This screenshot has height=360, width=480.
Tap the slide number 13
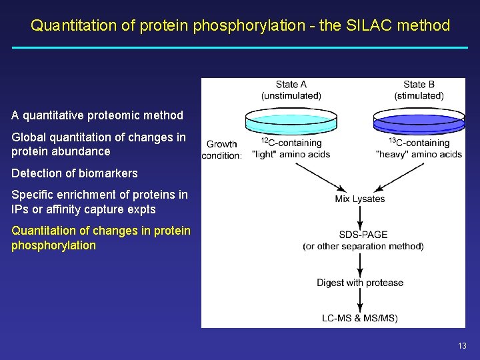462,345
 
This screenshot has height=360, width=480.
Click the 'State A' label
291,85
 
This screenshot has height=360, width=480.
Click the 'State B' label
419,85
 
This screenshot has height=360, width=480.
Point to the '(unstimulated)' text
291,95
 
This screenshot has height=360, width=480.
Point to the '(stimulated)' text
419,95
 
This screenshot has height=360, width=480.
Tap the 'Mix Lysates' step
360,199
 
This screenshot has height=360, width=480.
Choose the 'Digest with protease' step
360,283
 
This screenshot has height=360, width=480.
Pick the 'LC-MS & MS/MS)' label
360,318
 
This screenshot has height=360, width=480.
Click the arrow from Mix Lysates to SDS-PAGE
360,216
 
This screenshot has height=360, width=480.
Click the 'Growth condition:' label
223,149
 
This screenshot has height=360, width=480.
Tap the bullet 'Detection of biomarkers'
75,173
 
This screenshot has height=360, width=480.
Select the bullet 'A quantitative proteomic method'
97,115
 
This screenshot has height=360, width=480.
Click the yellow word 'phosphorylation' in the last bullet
53,245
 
